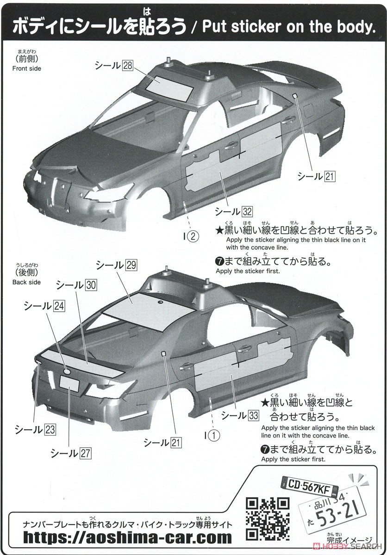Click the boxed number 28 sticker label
tap(127, 66)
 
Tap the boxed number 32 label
tap(247, 212)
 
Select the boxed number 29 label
tap(131, 265)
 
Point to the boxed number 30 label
tap(91, 285)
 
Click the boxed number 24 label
tap(59, 305)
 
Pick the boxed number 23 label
tap(50, 430)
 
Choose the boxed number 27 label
tap(85, 453)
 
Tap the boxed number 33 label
tap(253, 415)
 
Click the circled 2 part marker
tap(193, 237)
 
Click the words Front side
tap(26, 68)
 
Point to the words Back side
tap(26, 282)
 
